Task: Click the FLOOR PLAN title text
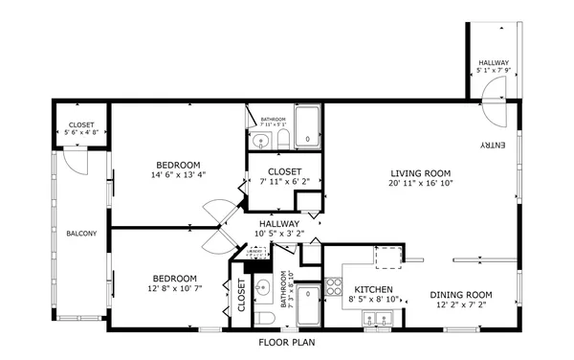pyautogui.click(x=287, y=342)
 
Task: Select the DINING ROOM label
pyautogui.click(x=460, y=295)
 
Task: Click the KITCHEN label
pyautogui.click(x=374, y=289)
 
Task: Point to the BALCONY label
pyautogui.click(x=81, y=233)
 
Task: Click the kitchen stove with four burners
pyautogui.click(x=334, y=285)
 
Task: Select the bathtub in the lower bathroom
pyautogui.click(x=307, y=307)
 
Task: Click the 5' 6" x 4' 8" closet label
pyautogui.click(x=81, y=130)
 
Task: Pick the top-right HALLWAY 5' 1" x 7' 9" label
pyautogui.click(x=494, y=66)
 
